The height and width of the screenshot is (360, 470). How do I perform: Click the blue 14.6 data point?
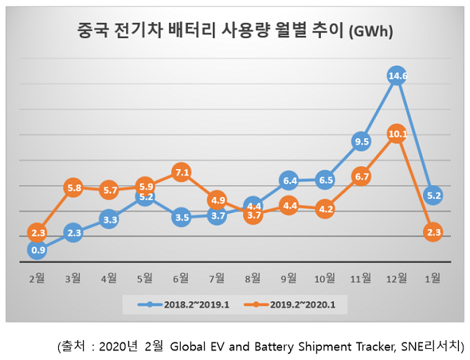[397, 75]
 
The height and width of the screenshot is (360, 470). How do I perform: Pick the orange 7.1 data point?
[181, 173]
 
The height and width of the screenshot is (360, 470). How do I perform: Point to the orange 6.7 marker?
[361, 177]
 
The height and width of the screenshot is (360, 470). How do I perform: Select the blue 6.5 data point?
[325, 179]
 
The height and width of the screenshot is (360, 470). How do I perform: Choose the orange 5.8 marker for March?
[73, 187]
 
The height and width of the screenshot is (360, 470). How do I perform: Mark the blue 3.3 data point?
[109, 218]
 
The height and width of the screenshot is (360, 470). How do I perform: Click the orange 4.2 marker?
[325, 209]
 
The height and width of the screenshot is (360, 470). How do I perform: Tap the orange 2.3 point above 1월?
[433, 232]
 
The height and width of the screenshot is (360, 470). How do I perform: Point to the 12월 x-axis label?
[397, 277]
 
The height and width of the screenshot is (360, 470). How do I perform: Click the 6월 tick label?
[181, 277]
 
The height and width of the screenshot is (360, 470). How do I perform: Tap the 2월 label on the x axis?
[37, 277]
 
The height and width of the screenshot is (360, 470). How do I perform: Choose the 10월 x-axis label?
[325, 277]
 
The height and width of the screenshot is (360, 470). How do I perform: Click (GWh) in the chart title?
[370, 32]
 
